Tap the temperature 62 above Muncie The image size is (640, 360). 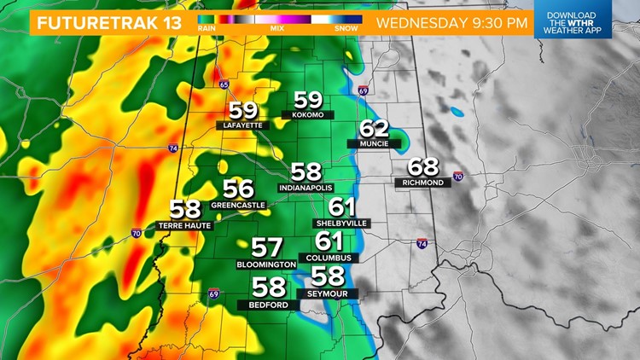(x=374, y=130)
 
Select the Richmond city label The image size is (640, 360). (x=423, y=183)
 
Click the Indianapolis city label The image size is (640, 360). (x=305, y=187)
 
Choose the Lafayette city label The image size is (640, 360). (x=242, y=125)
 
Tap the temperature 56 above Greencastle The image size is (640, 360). (x=239, y=189)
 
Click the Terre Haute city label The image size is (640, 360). (x=184, y=225)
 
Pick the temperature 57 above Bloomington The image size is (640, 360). (x=266, y=248)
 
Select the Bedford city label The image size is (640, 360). (x=268, y=304)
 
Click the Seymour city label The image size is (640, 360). (x=328, y=293)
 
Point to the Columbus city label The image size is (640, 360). (x=329, y=257)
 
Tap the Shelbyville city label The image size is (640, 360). (x=341, y=223)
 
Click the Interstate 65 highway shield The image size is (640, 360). (x=224, y=84)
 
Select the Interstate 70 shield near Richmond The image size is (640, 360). (x=457, y=177)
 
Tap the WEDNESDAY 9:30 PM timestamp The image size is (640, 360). (x=452, y=22)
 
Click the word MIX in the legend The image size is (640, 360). (x=278, y=28)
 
